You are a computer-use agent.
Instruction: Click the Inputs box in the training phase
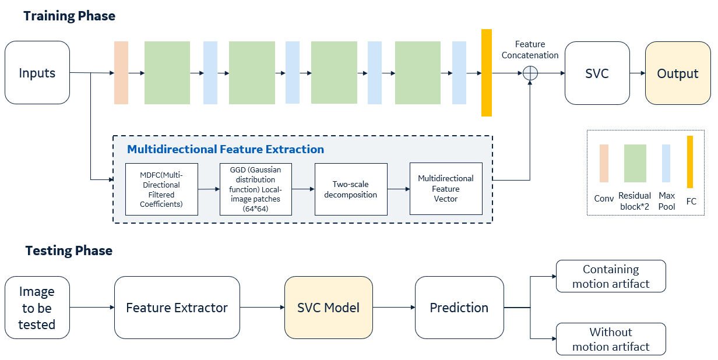(x=37, y=73)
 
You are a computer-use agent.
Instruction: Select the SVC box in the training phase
(x=596, y=73)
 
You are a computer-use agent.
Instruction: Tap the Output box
(x=677, y=73)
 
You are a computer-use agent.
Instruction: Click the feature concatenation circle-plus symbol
(x=530, y=73)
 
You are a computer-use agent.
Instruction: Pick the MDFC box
(x=161, y=189)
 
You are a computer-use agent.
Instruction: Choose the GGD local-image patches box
(x=256, y=189)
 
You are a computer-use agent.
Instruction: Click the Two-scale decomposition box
(x=350, y=189)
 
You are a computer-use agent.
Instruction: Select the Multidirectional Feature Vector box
(x=446, y=189)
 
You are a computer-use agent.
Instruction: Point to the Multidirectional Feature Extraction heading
(x=226, y=149)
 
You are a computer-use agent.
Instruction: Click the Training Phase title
(x=69, y=16)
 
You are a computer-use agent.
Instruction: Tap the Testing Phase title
(x=69, y=250)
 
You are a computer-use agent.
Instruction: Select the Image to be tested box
(x=37, y=308)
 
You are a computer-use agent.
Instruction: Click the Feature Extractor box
(x=177, y=308)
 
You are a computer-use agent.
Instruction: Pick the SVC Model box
(x=328, y=308)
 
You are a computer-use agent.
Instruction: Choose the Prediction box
(x=459, y=308)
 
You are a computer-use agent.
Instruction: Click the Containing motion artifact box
(x=611, y=277)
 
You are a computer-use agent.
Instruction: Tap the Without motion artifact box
(x=611, y=339)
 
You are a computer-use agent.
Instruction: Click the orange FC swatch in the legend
(x=690, y=161)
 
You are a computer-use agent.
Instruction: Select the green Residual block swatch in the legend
(x=635, y=163)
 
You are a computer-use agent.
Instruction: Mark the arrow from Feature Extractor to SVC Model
(x=262, y=308)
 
